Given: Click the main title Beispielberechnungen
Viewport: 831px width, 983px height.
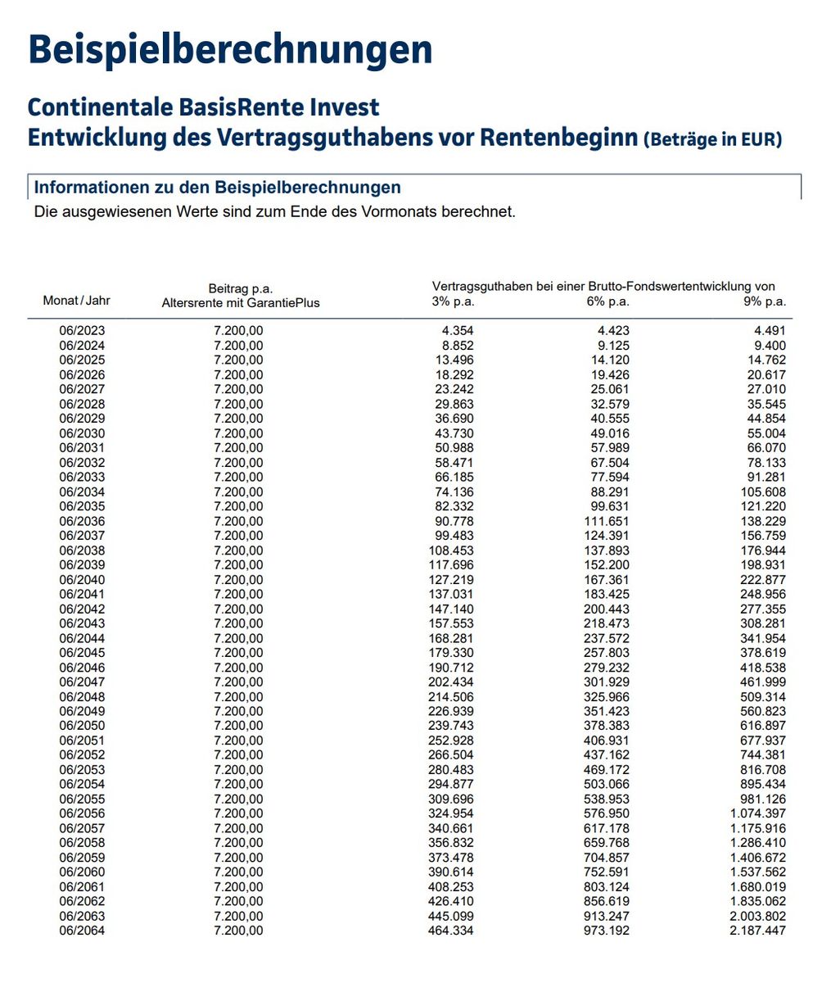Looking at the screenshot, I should [229, 49].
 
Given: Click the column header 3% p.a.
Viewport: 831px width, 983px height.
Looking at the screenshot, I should [453, 301].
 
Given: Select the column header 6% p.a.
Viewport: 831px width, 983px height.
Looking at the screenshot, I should [608, 301].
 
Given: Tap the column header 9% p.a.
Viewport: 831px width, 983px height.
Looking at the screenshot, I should [765, 301].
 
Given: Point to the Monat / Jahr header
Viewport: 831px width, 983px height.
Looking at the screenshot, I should [76, 301].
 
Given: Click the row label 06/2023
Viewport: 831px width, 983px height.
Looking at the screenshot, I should [82, 331].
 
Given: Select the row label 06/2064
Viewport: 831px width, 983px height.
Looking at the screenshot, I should [82, 931].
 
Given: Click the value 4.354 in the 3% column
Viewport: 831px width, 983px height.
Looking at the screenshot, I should [458, 331].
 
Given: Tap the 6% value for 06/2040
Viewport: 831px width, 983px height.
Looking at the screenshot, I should [607, 580].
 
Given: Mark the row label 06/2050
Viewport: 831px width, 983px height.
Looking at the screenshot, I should [82, 726].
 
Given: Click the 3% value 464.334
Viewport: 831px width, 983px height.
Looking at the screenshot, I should [450, 931].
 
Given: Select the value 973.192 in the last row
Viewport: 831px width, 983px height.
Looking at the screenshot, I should [607, 931].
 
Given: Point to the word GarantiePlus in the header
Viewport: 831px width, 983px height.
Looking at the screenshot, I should [282, 303].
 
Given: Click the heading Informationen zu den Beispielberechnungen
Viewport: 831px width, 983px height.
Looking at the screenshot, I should [217, 188].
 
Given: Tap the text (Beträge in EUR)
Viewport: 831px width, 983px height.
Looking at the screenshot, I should [712, 139].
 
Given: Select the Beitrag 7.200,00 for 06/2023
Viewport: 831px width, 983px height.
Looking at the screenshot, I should [238, 331].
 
